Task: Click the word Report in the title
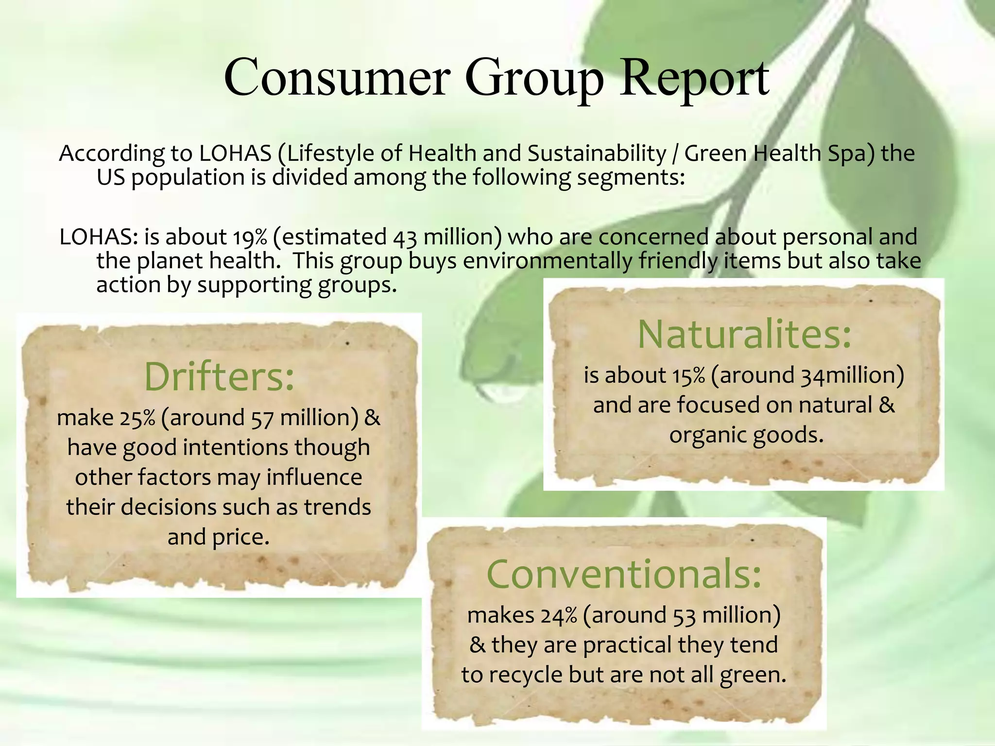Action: [x=694, y=78]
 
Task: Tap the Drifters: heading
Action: [x=219, y=377]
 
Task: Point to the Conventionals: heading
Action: [x=624, y=574]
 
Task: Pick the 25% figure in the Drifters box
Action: [x=137, y=418]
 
